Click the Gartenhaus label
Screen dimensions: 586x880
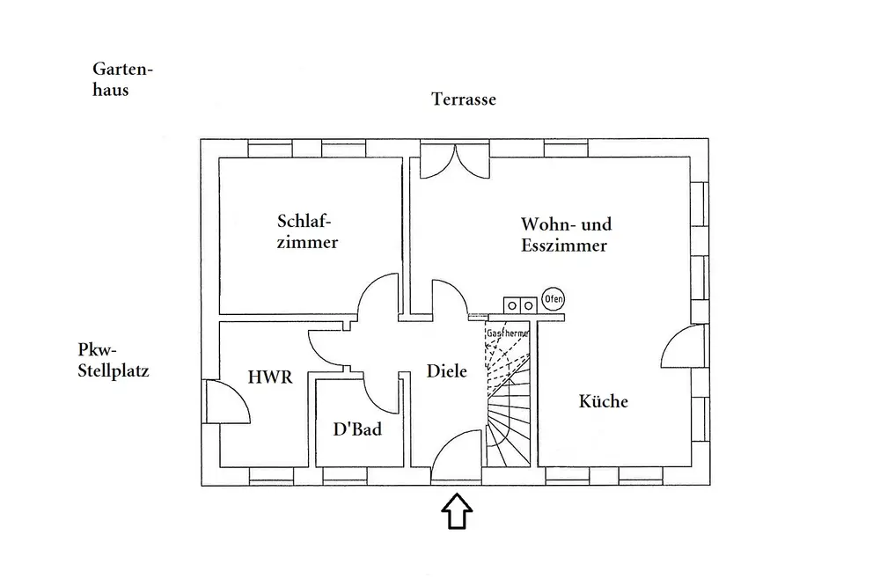click(117, 78)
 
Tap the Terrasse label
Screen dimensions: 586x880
click(464, 99)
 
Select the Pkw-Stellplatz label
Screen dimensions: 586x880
click(113, 359)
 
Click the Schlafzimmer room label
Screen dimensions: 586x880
click(307, 231)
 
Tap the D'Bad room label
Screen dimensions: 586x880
click(356, 430)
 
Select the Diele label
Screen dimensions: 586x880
click(448, 371)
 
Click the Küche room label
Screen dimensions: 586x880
click(604, 401)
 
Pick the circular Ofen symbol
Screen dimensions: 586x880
click(553, 299)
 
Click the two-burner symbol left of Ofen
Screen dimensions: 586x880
click(519, 304)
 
